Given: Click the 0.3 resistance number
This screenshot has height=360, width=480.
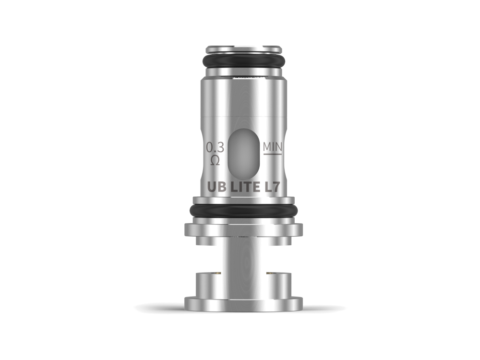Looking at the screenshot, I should (x=215, y=147).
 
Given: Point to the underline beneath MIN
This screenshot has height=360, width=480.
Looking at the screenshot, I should (x=272, y=154).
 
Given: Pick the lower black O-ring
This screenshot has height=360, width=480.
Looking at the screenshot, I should (x=244, y=211).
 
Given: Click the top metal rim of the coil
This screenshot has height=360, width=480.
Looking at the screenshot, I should (x=244, y=49).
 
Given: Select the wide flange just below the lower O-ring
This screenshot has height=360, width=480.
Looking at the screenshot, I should (x=244, y=229).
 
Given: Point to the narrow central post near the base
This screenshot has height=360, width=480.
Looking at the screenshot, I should (x=244, y=262).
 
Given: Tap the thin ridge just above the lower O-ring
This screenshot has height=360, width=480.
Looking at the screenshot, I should (x=244, y=200).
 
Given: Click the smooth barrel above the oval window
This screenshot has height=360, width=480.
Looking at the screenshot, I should (x=244, y=98).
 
